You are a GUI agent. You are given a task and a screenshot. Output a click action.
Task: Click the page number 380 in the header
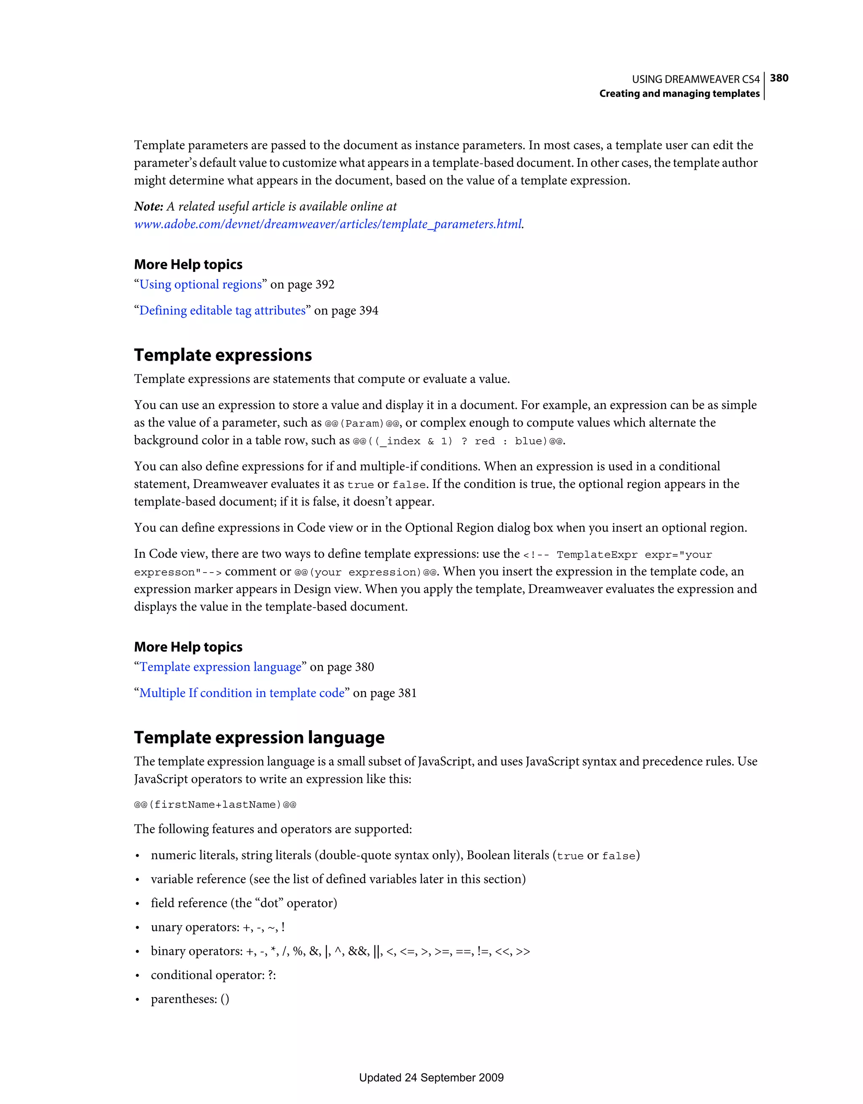point(779,78)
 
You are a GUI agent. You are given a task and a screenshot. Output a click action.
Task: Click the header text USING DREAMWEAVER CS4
point(695,79)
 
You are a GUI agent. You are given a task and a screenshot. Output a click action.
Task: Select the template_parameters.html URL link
point(327,224)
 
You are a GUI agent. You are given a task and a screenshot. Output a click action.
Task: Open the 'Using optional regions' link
point(201,284)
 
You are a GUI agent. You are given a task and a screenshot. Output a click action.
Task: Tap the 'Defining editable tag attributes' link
point(222,311)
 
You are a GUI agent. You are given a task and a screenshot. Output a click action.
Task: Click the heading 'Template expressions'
point(222,355)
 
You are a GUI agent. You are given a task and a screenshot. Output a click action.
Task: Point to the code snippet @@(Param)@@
point(362,423)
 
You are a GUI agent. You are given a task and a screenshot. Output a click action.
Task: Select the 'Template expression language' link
point(220,667)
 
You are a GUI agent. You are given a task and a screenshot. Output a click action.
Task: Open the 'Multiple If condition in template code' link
point(241,693)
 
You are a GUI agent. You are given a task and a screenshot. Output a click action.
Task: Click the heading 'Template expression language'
point(259,737)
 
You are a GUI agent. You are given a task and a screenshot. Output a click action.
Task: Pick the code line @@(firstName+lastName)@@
point(215,805)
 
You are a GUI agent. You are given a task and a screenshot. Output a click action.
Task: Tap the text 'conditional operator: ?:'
point(213,975)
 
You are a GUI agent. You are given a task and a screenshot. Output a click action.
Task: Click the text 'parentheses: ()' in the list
point(190,999)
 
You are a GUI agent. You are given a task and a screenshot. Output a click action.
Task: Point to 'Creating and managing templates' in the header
point(679,94)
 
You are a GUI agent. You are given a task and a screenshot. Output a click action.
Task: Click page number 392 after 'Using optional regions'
point(324,284)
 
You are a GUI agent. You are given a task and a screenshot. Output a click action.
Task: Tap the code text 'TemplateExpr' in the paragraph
point(597,555)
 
